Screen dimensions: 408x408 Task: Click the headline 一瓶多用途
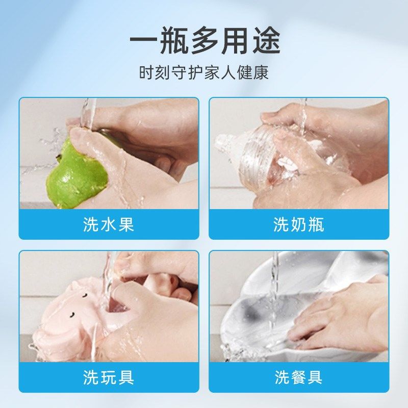(x=205, y=41)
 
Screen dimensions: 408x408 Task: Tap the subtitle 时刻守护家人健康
(x=204, y=72)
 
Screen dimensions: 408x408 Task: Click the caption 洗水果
(x=109, y=224)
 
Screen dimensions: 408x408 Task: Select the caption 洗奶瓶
(x=299, y=224)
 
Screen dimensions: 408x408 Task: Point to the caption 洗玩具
(x=109, y=377)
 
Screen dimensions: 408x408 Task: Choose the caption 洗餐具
(x=299, y=377)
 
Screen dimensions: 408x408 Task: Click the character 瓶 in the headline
(x=174, y=41)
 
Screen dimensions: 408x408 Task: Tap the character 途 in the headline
(x=266, y=41)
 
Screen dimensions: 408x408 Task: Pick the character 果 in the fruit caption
(x=126, y=224)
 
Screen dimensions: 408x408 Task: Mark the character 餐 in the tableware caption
(x=299, y=377)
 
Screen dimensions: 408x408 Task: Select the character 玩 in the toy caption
(x=109, y=377)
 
